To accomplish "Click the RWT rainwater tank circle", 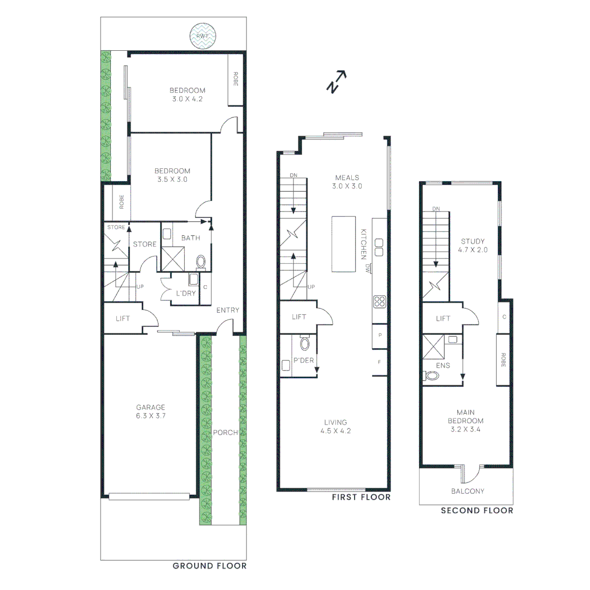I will click(203, 36).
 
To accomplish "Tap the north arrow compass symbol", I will click(337, 82).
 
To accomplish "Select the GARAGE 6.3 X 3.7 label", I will click(151, 411).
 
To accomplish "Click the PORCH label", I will click(225, 433).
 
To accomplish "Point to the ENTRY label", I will click(228, 310).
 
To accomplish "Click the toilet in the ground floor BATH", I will click(200, 262).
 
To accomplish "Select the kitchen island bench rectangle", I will click(343, 244).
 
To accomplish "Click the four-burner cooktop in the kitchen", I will click(380, 302).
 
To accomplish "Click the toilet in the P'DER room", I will click(305, 343).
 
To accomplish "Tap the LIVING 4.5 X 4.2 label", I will click(335, 426).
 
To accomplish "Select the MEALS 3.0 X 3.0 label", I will click(347, 181).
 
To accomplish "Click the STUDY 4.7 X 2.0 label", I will click(473, 245).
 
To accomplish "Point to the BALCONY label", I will click(468, 491).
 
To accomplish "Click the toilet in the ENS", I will click(432, 376).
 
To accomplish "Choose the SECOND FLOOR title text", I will click(477, 510).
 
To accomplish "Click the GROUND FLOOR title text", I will click(209, 565).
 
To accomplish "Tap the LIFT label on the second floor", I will click(443, 318).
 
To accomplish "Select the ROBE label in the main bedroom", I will click(503, 359).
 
